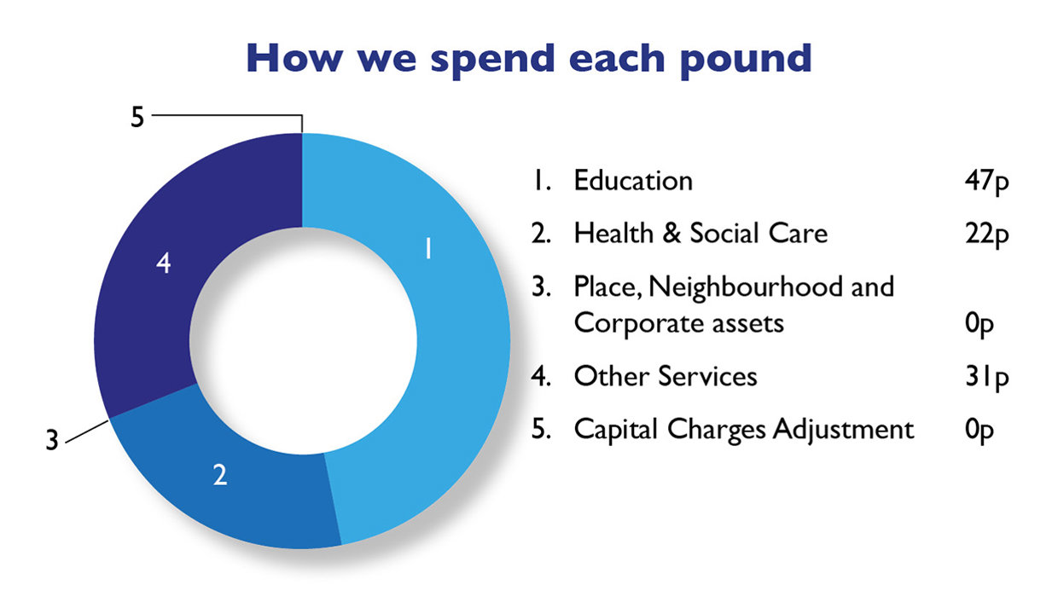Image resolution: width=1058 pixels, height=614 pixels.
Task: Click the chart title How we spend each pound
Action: click(x=528, y=58)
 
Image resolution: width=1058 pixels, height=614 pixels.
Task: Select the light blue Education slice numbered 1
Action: click(x=452, y=341)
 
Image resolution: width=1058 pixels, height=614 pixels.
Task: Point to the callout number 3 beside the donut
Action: click(x=52, y=442)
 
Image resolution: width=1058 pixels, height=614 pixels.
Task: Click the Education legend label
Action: click(x=633, y=181)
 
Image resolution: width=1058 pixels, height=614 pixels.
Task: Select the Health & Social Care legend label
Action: click(x=700, y=233)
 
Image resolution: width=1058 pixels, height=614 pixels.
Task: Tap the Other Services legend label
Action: click(x=666, y=376)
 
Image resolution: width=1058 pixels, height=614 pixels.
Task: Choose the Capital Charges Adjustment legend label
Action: click(x=743, y=429)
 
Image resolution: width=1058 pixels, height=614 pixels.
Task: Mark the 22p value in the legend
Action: click(x=982, y=234)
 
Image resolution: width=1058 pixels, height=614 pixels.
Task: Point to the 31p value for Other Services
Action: click(x=982, y=377)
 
